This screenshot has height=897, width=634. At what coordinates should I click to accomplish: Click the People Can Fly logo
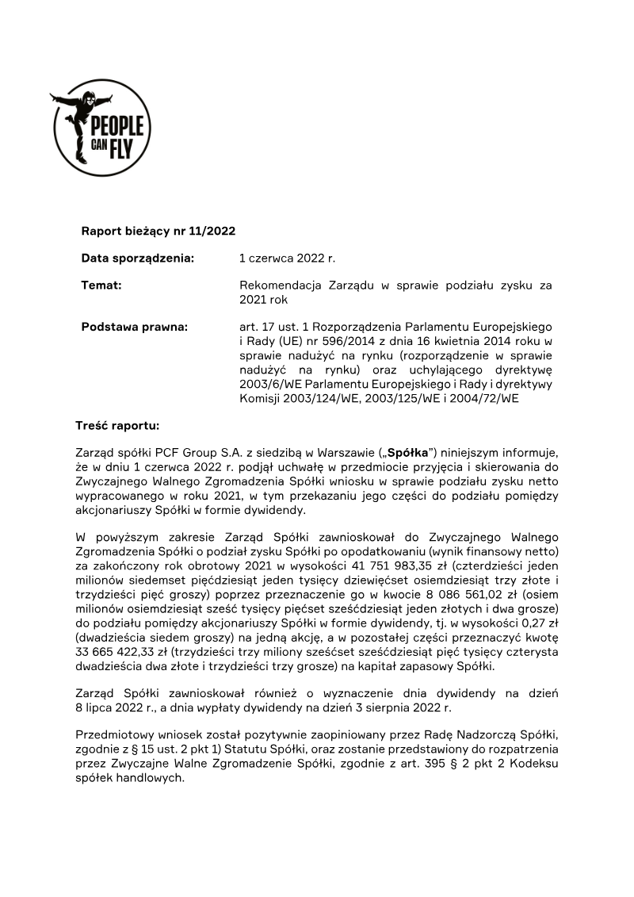pos(101,128)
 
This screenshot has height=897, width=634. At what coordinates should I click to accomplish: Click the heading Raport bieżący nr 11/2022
pos(158,231)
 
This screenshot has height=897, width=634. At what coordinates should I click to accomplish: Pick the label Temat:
pos(101,285)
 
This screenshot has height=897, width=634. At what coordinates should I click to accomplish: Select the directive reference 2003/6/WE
pos(271,384)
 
